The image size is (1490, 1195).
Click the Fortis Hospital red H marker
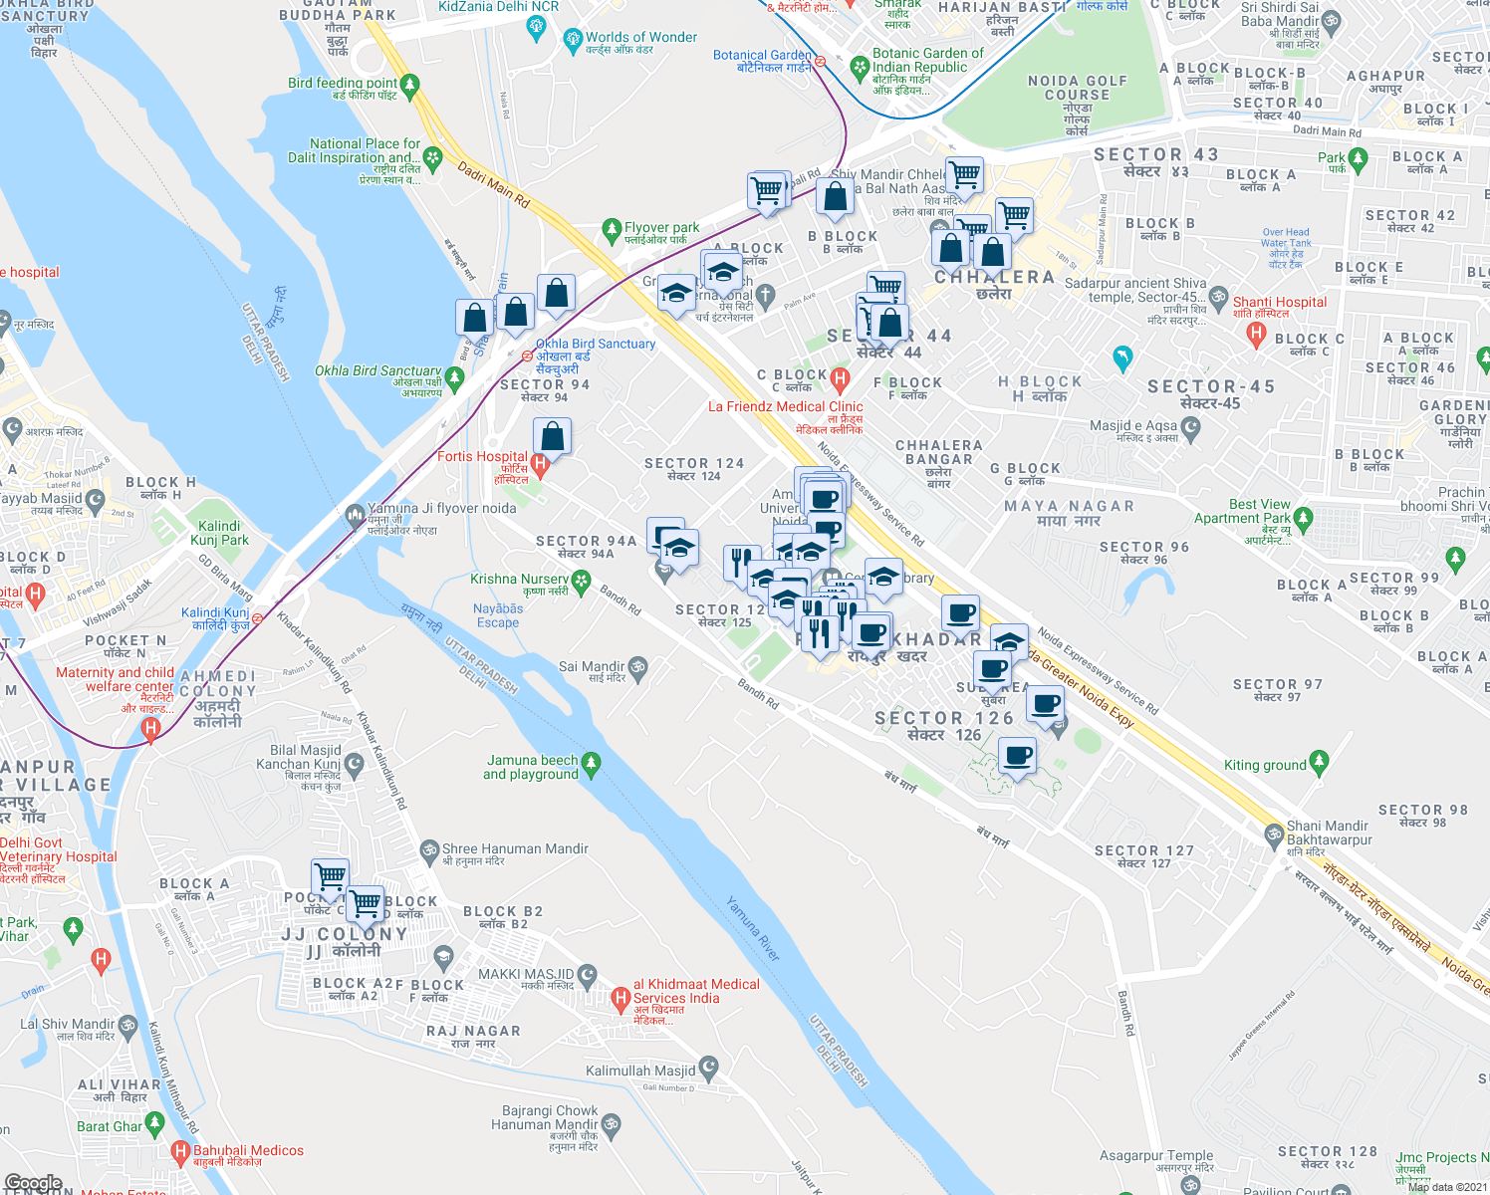point(540,463)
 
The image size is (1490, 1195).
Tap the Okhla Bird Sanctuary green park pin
point(455,377)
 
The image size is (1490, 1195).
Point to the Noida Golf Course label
point(1078,88)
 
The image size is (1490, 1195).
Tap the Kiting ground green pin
point(1320,763)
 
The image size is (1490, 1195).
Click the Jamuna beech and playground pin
point(591,764)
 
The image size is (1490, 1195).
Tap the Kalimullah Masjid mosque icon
point(708,1070)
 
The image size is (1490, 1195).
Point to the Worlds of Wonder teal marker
point(572,40)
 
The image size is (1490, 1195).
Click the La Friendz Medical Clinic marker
point(840,378)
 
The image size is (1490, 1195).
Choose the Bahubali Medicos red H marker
point(180,1152)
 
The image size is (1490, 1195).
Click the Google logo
point(33,1183)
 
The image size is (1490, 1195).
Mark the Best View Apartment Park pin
point(1303,518)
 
